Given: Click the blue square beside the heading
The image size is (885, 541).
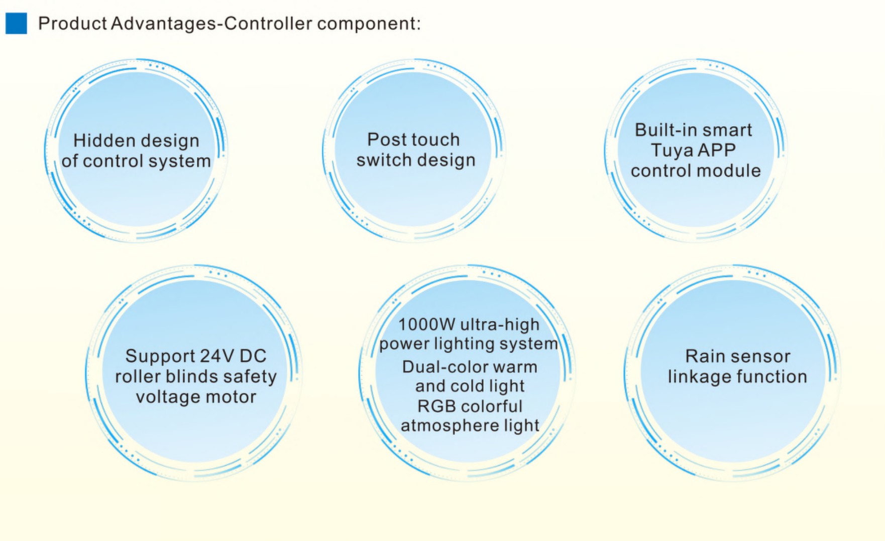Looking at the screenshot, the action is pos(16,23).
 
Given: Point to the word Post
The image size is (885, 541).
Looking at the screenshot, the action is pos(385,139).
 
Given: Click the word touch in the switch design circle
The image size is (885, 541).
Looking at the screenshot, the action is pos(433,139).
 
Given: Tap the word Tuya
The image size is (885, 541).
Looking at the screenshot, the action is pos(669,151).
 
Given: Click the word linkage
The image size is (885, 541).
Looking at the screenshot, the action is pos(694,377).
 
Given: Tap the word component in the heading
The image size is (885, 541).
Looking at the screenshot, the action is pos(369,24).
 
